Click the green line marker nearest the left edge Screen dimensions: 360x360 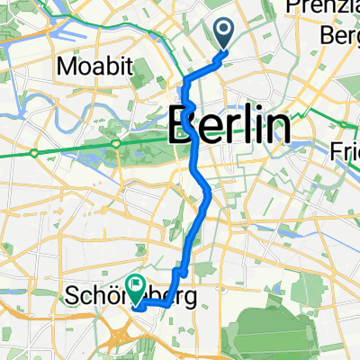pyautogui.click(x=34, y=154)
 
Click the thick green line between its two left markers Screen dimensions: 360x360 pyautogui.click(x=76, y=148)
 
